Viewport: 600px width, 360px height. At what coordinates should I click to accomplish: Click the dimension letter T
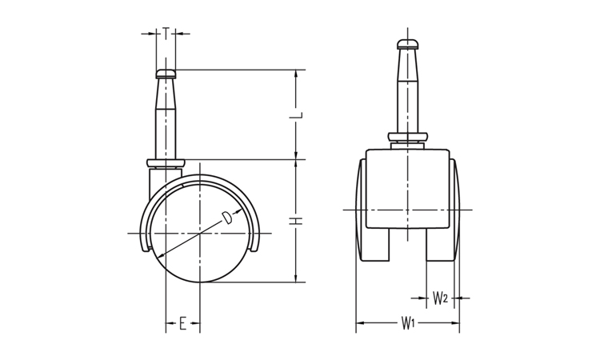point(166,33)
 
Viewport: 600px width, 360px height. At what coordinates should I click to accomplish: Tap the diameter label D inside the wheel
point(227,218)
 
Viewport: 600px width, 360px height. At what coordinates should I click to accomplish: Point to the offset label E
point(183,324)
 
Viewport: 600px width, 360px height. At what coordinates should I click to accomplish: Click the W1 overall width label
point(408,323)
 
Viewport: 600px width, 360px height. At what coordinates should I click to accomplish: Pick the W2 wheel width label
point(440,298)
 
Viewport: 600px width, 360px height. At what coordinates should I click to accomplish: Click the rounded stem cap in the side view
point(166,74)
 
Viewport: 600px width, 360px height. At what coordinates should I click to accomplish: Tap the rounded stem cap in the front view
point(408,44)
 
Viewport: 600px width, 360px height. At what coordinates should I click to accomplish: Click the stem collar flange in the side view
point(166,163)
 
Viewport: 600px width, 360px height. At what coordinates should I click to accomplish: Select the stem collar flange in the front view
point(407,137)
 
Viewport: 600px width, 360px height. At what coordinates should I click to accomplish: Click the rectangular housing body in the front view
point(407,189)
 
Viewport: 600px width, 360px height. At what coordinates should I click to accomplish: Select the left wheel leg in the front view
point(374,245)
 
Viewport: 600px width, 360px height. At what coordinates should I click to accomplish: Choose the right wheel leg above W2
point(441,245)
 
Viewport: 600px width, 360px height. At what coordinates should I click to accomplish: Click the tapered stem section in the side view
point(166,94)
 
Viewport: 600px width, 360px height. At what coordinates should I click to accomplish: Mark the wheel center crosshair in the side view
point(200,233)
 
